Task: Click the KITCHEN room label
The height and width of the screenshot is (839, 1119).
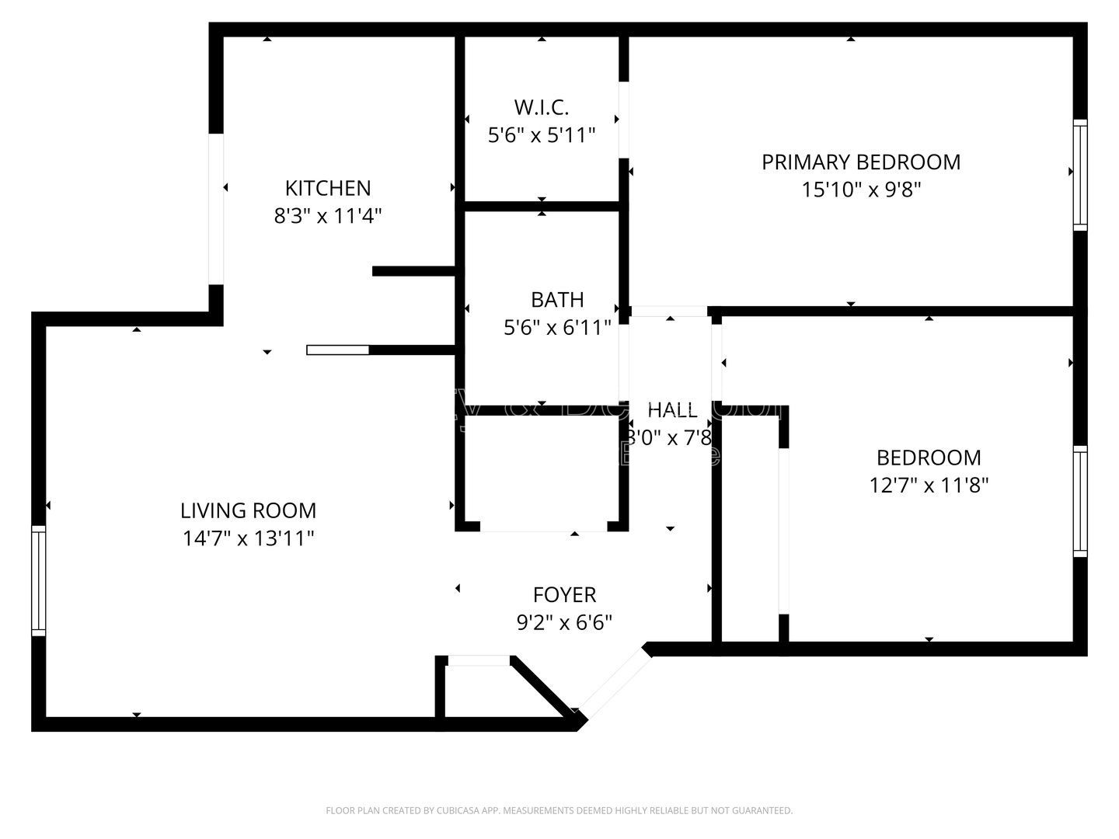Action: [328, 188]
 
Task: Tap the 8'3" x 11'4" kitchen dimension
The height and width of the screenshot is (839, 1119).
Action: [328, 215]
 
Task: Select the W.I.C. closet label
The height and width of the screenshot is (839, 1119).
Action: [542, 107]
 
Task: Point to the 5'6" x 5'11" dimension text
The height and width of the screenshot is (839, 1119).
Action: [542, 135]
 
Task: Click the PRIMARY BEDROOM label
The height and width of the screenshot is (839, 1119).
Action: [861, 162]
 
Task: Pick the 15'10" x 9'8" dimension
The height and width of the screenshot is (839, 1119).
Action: [861, 190]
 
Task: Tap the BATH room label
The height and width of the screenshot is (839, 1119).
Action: [557, 300]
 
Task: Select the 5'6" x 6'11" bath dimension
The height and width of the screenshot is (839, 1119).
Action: [557, 328]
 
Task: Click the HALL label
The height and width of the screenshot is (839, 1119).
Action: [672, 410]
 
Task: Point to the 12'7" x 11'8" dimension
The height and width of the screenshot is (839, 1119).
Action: [929, 486]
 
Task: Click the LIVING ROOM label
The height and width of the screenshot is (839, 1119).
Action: [249, 510]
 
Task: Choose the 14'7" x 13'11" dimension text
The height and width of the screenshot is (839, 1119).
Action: [249, 538]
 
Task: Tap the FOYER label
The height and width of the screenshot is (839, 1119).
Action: [565, 595]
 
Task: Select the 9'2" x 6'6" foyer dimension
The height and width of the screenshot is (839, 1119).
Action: [565, 622]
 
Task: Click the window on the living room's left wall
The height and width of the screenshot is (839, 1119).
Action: [38, 580]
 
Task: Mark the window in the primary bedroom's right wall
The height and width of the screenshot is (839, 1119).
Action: [1080, 175]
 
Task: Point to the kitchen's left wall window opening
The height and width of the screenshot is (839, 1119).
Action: [216, 209]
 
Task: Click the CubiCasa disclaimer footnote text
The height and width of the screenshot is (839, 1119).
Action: [559, 810]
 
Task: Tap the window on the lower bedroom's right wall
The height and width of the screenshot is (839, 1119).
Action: [1080, 501]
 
